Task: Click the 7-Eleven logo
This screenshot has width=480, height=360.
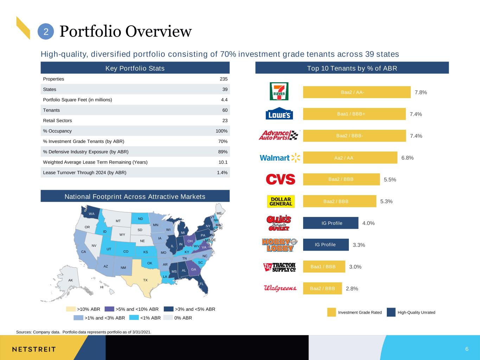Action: (279, 91)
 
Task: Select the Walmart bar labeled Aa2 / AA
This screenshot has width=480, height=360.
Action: (350, 157)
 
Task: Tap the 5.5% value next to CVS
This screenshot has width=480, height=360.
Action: (390, 179)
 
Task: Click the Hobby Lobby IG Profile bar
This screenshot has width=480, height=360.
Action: (326, 245)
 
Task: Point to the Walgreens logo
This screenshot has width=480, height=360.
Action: (280, 288)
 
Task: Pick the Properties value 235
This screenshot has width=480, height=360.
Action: (224, 79)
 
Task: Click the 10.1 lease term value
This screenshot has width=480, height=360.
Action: (223, 162)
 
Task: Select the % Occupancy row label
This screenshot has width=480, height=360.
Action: (57, 131)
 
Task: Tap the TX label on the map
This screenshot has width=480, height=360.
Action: (145, 280)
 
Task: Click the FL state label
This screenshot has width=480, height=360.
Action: (201, 284)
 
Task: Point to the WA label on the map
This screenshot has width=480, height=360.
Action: (92, 214)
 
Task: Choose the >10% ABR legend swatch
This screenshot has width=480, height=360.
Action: (71, 309)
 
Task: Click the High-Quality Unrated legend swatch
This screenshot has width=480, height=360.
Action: (391, 312)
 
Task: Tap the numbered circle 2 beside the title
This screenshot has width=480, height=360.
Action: (46, 32)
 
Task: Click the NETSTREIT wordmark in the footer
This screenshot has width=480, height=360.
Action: (34, 349)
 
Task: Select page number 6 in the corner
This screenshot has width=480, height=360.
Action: (467, 349)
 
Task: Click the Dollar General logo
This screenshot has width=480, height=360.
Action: (281, 201)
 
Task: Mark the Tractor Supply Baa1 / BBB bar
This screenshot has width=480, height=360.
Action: (324, 266)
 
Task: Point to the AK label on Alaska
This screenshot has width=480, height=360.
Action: (70, 280)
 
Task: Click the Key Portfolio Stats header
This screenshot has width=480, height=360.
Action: (135, 68)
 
